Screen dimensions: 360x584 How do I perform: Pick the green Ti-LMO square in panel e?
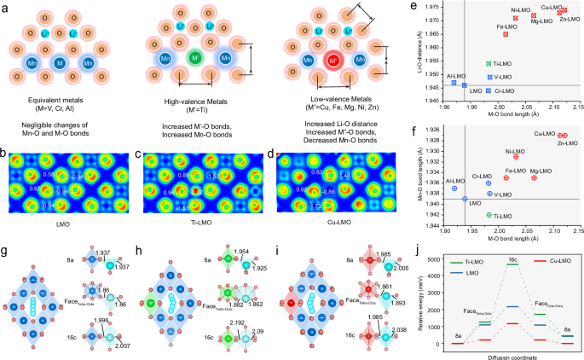click(x=489, y=64)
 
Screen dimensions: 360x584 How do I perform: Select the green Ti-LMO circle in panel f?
click(x=489, y=215)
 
